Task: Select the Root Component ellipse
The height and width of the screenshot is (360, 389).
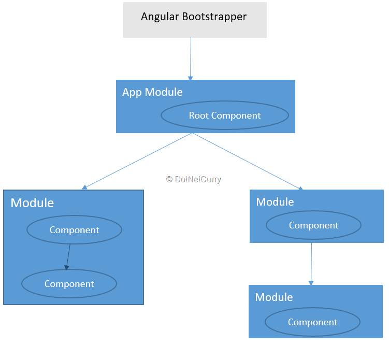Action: pyautogui.click(x=224, y=116)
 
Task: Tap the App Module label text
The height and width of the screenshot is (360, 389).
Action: pyautogui.click(x=152, y=92)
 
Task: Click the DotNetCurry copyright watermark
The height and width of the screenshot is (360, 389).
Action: pyautogui.click(x=193, y=179)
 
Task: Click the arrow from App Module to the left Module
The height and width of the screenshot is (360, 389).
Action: pyautogui.click(x=138, y=161)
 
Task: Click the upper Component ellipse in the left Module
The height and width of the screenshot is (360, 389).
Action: pyautogui.click(x=74, y=230)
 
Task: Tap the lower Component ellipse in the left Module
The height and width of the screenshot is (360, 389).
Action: pyautogui.click(x=69, y=284)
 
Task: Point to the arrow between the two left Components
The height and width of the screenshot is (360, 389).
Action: pyautogui.click(x=68, y=257)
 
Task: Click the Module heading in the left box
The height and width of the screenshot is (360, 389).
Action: pyautogui.click(x=32, y=203)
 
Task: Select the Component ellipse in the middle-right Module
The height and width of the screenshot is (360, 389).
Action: pyautogui.click(x=313, y=225)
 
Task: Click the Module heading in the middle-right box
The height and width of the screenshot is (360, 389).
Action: pyautogui.click(x=275, y=201)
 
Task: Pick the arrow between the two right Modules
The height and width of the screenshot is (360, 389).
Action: pyautogui.click(x=311, y=264)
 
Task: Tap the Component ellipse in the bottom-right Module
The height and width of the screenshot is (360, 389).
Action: pyautogui.click(x=312, y=322)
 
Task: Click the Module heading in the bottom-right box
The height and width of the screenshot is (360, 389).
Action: pyautogui.click(x=273, y=297)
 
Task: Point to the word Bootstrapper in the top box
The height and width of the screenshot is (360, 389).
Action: pyautogui.click(x=215, y=17)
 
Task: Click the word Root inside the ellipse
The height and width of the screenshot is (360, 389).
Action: pyautogui.click(x=198, y=116)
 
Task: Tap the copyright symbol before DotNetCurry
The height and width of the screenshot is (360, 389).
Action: pyautogui.click(x=169, y=179)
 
